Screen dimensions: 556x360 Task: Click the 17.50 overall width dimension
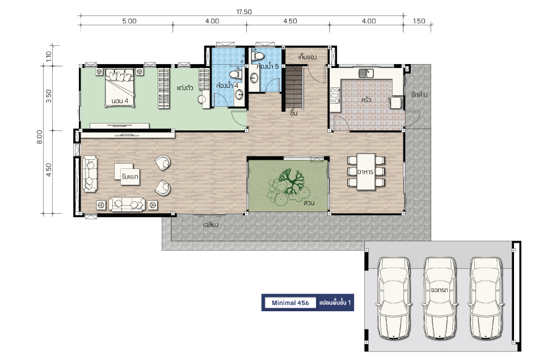coord(244,12)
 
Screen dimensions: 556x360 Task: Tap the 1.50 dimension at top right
coord(419,21)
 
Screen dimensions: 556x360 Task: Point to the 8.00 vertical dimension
coord(39,137)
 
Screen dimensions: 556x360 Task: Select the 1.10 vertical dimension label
coord(49,56)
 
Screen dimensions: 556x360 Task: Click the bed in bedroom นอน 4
coord(120,87)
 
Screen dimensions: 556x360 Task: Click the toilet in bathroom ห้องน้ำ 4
coord(235,75)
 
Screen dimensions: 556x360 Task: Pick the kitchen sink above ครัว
coord(366,73)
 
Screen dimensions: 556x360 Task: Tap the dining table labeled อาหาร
coord(366,171)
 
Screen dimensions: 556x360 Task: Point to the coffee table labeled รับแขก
coord(127,174)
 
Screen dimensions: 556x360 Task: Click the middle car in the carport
coord(440,298)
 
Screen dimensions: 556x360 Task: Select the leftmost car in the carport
coord(393,298)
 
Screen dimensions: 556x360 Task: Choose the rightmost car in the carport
coord(486,298)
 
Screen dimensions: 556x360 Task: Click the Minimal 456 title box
coord(290,303)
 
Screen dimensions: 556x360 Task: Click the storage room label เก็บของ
coord(307,57)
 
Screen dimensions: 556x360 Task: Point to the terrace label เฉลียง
coord(210,225)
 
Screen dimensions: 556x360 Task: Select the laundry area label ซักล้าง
coord(419,95)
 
